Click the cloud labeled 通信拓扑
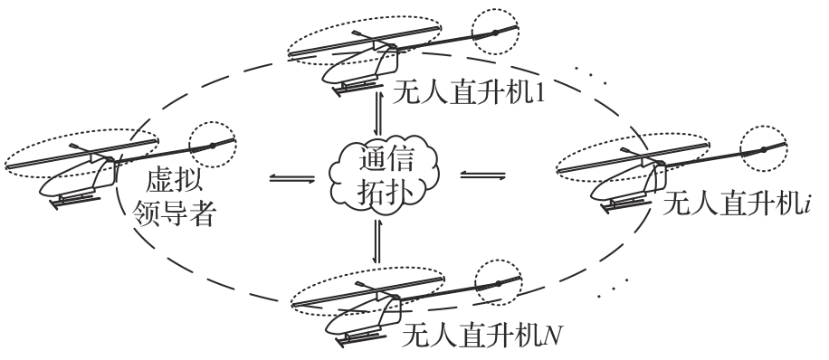[x=384, y=175]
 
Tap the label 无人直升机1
[x=468, y=94]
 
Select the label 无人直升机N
[x=481, y=336]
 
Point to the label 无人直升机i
[x=737, y=204]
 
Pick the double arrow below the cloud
[x=377, y=241]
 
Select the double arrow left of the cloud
[x=291, y=179]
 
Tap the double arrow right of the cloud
[x=482, y=175]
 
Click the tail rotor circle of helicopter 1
[x=495, y=32]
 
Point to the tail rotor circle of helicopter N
[x=498, y=283]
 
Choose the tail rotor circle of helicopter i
[x=764, y=149]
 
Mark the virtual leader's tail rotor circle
[x=213, y=145]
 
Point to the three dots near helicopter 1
[x=591, y=75]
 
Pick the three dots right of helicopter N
[x=613, y=287]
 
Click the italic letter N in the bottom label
[x=554, y=336]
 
